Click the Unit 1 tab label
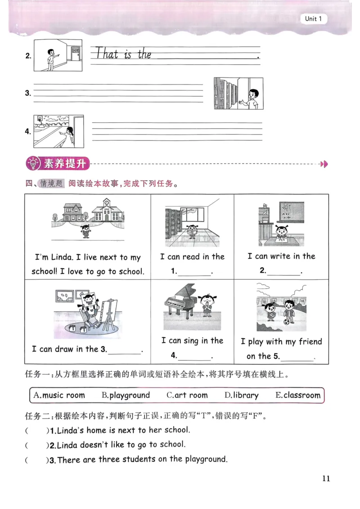coord(313,19)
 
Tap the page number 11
coord(326,478)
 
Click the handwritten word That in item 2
coord(107,54)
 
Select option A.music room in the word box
coord(59,395)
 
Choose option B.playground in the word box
coord(126,395)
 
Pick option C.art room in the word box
coord(187,395)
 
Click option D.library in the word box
coord(242,395)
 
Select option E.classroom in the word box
coord(298,395)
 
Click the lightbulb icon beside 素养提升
coord(34,164)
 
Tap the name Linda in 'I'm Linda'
coord(63,257)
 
